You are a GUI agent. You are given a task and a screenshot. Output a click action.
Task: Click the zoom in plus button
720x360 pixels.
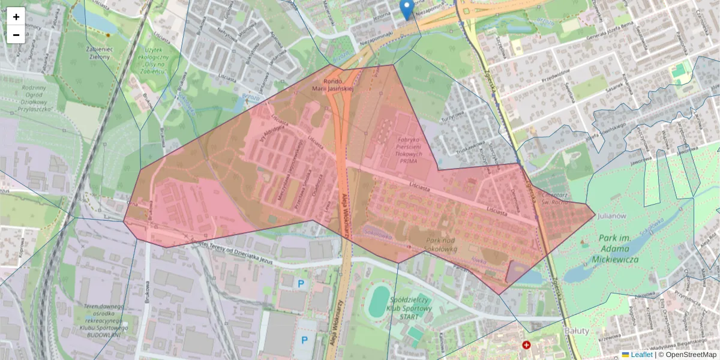(16, 16)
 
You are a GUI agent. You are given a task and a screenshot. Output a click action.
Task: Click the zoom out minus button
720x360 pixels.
(16, 35)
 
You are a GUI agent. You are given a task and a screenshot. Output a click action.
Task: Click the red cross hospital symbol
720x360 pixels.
(527, 346)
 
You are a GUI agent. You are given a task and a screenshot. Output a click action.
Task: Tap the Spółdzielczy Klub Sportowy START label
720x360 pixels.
(410, 307)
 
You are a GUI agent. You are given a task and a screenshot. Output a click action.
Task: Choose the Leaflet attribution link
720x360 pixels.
(641, 355)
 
